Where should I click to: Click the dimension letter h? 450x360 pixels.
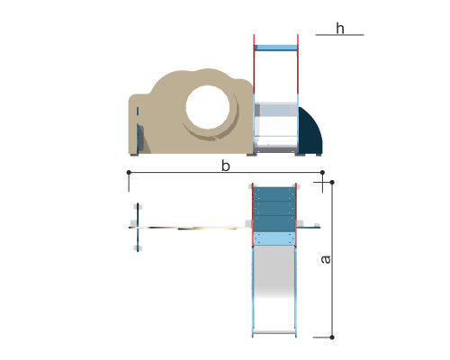pos(340,29)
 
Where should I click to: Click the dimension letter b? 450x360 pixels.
pos(226,166)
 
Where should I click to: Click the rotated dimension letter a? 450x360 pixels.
pos(326,259)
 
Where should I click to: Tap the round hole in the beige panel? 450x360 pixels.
pos(208,107)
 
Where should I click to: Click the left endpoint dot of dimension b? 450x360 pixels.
pos(129,172)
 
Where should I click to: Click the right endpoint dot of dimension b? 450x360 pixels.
pos(322,172)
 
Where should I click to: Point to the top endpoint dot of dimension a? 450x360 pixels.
pos(332,182)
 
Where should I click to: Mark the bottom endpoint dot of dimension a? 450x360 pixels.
pos(332,337)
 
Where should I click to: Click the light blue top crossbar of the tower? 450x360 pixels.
pos(275,48)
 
